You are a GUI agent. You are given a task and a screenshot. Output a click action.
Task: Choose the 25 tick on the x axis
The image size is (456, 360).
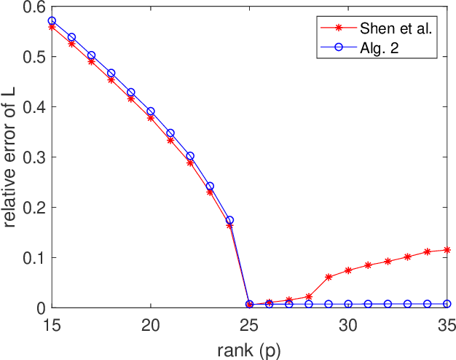click(x=250, y=323)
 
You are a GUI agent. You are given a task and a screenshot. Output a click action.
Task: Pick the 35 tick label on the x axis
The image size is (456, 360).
click(x=447, y=323)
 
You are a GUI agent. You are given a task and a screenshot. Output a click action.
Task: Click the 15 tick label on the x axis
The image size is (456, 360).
click(x=52, y=323)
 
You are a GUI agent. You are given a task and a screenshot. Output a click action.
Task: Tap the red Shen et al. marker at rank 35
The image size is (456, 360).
click(x=447, y=250)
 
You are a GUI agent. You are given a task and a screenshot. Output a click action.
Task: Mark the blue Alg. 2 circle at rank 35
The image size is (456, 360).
click(x=447, y=304)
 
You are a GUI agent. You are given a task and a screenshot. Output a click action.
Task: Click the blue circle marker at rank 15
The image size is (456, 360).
click(x=52, y=21)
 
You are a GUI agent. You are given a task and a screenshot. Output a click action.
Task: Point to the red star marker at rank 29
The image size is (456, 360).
click(x=329, y=277)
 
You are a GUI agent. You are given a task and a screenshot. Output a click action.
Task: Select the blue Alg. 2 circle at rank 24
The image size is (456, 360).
click(x=230, y=219)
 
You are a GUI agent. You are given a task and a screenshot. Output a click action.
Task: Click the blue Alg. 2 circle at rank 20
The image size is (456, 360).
click(x=151, y=111)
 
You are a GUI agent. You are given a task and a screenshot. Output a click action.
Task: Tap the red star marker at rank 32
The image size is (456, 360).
click(x=388, y=261)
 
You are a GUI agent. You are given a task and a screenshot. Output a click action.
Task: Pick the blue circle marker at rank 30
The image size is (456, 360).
click(x=348, y=304)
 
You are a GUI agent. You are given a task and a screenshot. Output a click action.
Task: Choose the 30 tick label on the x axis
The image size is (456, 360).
click(x=348, y=323)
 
